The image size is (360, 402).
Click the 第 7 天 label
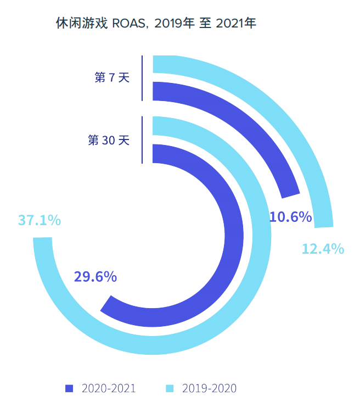pos(112,78)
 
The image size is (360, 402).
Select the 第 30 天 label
pos(109,140)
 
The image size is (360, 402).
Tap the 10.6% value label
pos(291,217)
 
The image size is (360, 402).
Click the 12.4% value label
pos(323,249)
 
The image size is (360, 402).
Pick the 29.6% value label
pos(95,276)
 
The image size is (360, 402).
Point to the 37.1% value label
pos(40,220)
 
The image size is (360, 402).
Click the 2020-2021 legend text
pos(108,389)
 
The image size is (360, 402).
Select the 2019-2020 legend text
pos(209,389)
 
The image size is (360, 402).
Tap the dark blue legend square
pos(69,389)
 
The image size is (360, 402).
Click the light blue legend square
pos(170,389)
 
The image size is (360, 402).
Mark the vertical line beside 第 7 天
pos(142,78)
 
